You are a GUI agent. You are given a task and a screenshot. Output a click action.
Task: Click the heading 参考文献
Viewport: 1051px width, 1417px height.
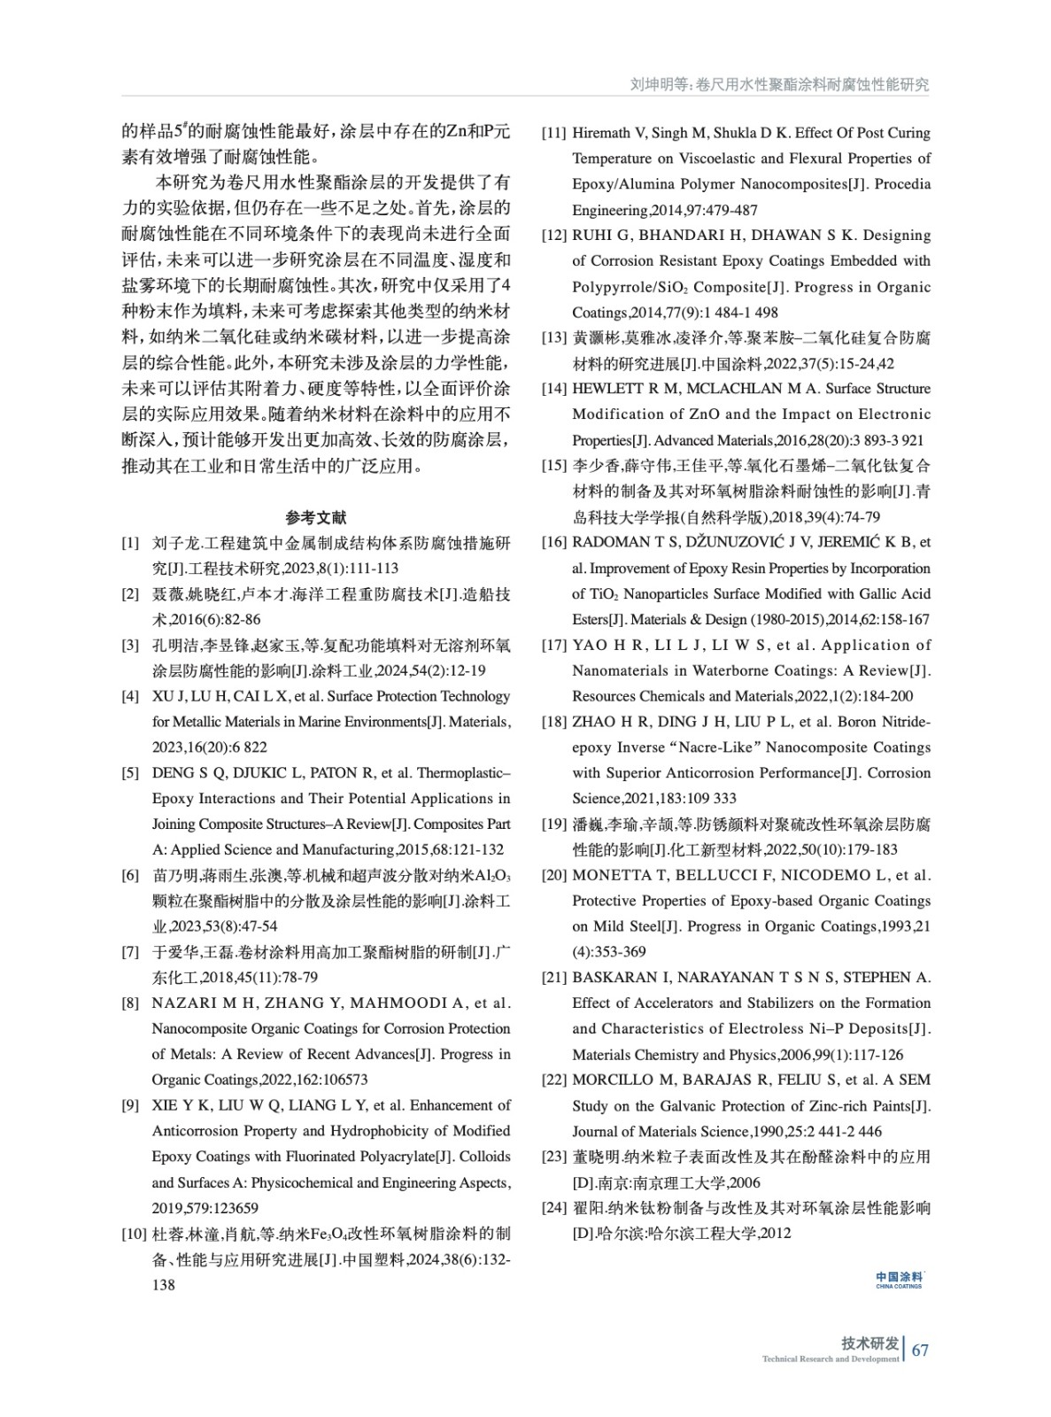[316, 517]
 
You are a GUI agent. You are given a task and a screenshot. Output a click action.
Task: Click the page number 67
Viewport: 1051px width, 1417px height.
[920, 1350]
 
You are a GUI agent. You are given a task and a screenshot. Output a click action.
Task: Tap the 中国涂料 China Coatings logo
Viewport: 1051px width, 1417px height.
[899, 1280]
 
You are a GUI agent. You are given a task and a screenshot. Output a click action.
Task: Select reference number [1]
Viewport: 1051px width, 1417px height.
[130, 543]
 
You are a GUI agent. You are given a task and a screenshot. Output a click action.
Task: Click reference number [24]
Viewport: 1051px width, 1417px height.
[554, 1208]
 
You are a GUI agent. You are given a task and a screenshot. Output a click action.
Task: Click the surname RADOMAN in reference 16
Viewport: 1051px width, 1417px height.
[608, 542]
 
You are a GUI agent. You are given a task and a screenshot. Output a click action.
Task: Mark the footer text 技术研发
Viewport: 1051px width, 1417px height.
[869, 1343]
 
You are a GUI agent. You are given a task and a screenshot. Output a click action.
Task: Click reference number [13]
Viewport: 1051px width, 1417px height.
[554, 337]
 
